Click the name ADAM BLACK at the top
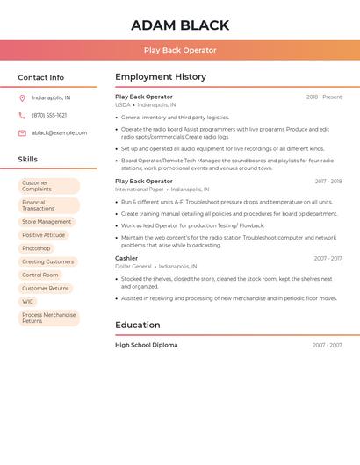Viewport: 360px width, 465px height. pyautogui.click(x=180, y=25)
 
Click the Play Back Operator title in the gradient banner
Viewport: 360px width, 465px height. pyautogui.click(x=180, y=50)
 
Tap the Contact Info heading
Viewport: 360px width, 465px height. pyautogui.click(x=41, y=77)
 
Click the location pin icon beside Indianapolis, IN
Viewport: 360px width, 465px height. pyautogui.click(x=22, y=97)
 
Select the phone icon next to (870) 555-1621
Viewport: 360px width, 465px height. pyautogui.click(x=22, y=115)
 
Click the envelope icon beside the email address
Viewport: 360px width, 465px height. pyautogui.click(x=22, y=133)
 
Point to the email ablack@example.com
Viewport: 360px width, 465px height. pyautogui.click(x=60, y=133)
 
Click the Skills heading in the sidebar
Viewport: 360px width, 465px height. pyautogui.click(x=28, y=160)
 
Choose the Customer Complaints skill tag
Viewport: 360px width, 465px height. pyautogui.click(x=49, y=186)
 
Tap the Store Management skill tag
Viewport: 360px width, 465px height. pyautogui.click(x=47, y=222)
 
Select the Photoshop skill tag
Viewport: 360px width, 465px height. pyautogui.click(x=36, y=248)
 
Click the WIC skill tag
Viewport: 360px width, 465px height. pyautogui.click(x=28, y=301)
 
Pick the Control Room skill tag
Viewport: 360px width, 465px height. pyautogui.click(x=40, y=275)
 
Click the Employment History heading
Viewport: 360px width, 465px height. pyautogui.click(x=161, y=77)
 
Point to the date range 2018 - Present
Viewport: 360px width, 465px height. pyautogui.click(x=324, y=97)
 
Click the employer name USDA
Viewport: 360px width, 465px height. pyautogui.click(x=122, y=104)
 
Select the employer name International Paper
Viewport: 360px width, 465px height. pyautogui.click(x=139, y=189)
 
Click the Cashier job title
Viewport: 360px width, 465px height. pyautogui.click(x=126, y=258)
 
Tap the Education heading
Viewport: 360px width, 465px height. pyautogui.click(x=138, y=325)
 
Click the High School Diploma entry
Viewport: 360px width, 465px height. pyautogui.click(x=146, y=345)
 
